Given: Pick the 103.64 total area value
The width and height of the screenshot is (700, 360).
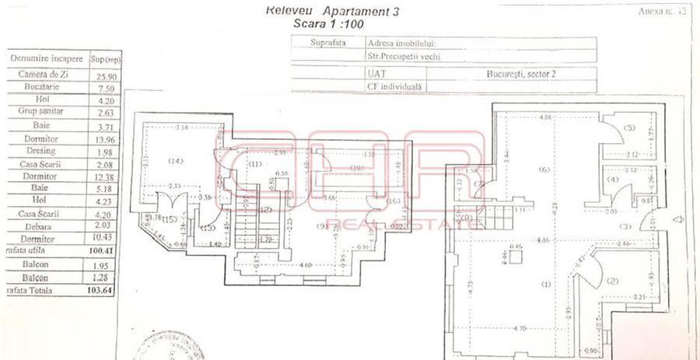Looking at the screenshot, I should [x=97, y=291].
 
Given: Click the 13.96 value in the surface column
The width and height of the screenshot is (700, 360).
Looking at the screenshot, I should [x=98, y=138].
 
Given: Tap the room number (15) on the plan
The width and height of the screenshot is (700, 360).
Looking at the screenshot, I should [x=168, y=219].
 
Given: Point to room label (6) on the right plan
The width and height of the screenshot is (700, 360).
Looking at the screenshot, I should [x=544, y=170].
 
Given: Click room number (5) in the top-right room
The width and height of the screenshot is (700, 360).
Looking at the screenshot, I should [x=629, y=127].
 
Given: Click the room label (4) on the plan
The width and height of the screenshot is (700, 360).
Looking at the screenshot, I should [x=613, y=180].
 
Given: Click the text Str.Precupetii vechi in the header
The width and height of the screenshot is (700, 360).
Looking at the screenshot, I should [x=397, y=57].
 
